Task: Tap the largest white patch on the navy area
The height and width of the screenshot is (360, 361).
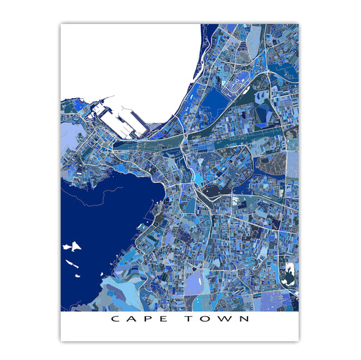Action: tap(71, 247)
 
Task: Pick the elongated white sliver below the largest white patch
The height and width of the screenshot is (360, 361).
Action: tap(73, 263)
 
